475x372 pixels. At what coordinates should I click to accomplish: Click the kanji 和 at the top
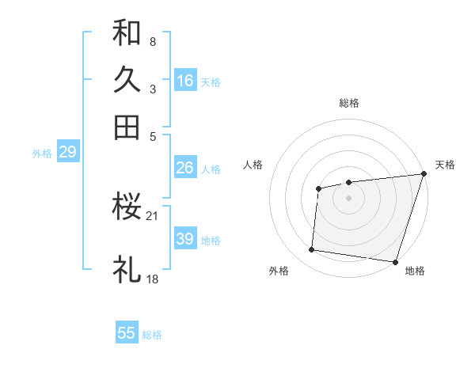click(127, 33)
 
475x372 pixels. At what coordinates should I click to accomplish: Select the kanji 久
click(127, 80)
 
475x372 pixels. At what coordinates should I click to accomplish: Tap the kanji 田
click(127, 127)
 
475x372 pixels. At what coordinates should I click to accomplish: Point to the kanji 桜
click(127, 207)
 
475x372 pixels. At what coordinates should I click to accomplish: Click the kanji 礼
click(127, 270)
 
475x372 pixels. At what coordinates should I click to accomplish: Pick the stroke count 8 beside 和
click(152, 41)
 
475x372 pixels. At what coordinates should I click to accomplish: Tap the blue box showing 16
click(185, 80)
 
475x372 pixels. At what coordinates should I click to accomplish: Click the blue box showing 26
click(185, 168)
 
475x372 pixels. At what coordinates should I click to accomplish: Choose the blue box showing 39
click(185, 239)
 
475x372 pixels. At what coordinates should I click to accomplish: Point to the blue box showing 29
click(67, 152)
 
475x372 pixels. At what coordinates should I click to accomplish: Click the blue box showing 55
click(127, 333)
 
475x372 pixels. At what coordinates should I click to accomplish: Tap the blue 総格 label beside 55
click(152, 335)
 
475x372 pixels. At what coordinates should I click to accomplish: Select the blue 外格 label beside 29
click(41, 154)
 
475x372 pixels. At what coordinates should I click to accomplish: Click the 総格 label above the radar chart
click(348, 103)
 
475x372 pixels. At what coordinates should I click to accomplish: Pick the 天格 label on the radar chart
click(445, 165)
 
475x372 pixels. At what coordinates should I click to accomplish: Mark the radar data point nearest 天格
click(424, 175)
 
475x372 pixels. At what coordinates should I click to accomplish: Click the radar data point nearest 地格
click(395, 261)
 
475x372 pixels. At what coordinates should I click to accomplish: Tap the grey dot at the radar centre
click(348, 197)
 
